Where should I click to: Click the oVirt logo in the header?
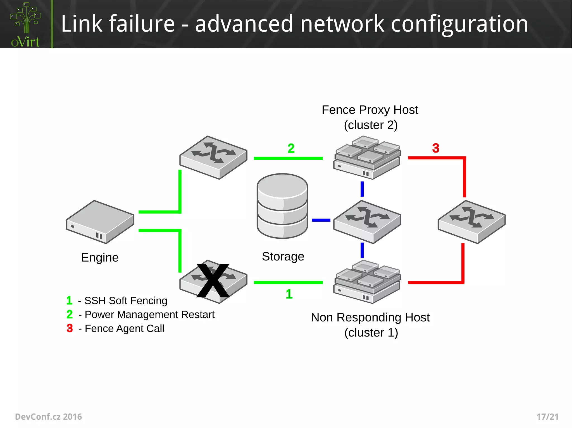click(x=26, y=25)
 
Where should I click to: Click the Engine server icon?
click(x=100, y=222)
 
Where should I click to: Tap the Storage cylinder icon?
click(x=282, y=206)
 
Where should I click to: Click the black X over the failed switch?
click(x=213, y=281)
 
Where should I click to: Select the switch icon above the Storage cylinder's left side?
click(x=213, y=158)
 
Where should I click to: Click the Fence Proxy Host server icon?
click(x=367, y=158)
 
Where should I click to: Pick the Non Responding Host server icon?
click(x=367, y=282)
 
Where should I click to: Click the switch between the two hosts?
click(x=367, y=222)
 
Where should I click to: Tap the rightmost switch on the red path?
click(x=471, y=222)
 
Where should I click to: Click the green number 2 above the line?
click(x=291, y=148)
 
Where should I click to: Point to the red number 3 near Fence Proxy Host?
click(x=436, y=148)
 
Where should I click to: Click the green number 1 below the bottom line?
click(x=289, y=294)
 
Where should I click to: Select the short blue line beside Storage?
click(x=321, y=220)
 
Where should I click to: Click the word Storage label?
click(x=283, y=257)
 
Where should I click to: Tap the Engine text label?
click(x=100, y=258)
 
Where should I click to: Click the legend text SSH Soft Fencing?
click(x=126, y=301)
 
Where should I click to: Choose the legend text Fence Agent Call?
click(x=124, y=328)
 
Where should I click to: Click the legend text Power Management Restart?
click(x=149, y=315)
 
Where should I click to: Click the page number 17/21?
click(x=547, y=417)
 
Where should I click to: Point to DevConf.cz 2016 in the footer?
click(x=48, y=417)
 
